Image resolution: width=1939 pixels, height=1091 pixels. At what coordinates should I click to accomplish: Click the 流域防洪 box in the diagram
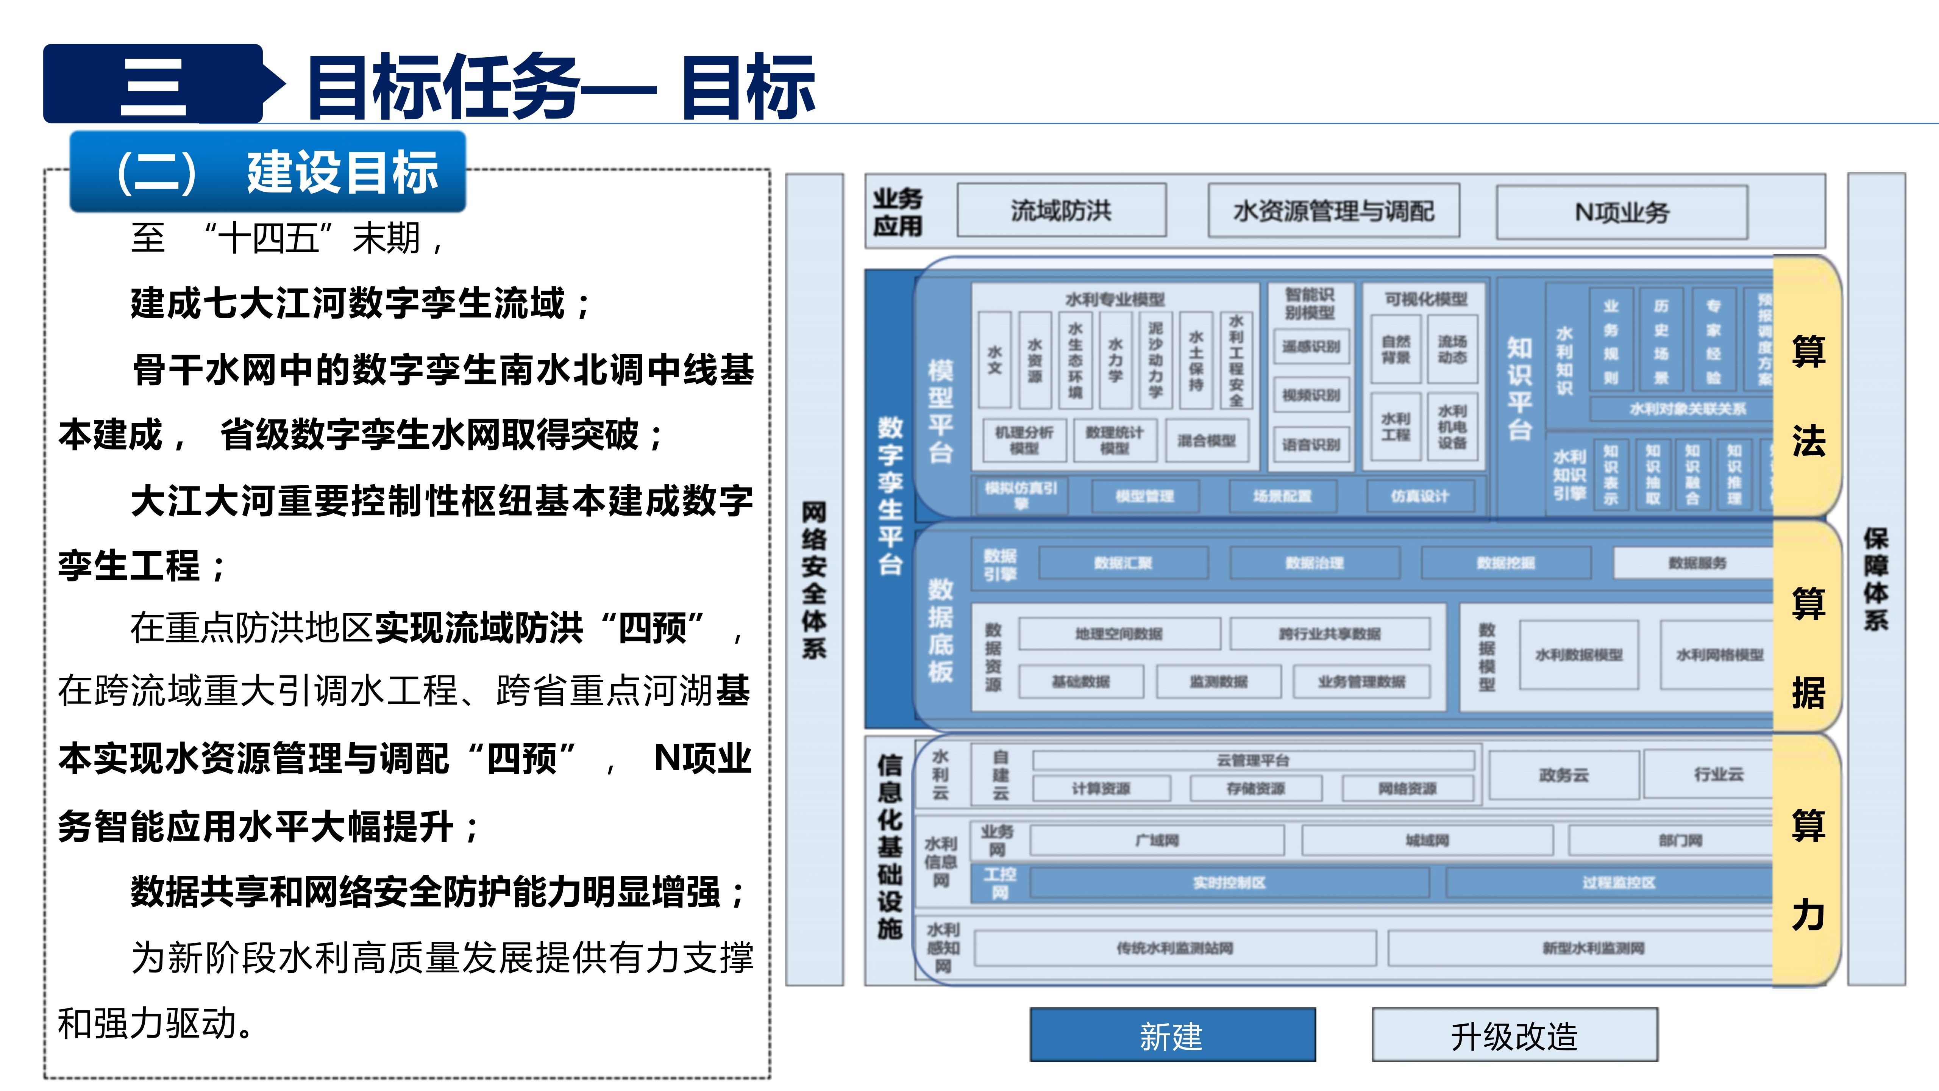point(1061,211)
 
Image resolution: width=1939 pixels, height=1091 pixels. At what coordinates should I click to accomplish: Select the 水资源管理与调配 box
point(1333,211)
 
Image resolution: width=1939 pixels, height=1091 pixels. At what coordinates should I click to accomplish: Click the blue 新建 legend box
point(1172,1035)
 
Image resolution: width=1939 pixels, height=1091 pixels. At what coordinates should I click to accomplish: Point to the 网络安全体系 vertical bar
point(814,580)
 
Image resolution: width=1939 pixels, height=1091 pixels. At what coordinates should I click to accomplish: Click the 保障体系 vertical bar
point(1876,580)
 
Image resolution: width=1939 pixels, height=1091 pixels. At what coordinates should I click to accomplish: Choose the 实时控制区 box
point(1229,882)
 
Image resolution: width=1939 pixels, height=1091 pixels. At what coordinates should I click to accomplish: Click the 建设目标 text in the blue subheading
point(342,172)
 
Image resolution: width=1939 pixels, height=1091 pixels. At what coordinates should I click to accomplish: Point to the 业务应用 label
point(897,212)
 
